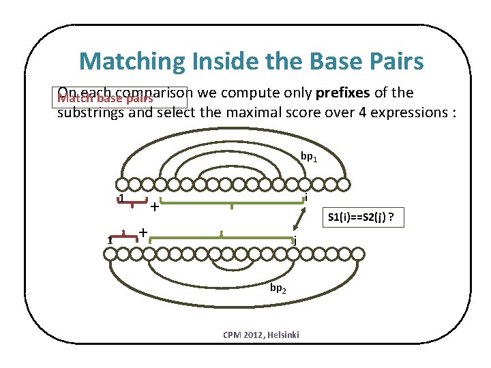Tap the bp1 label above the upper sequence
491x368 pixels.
308,157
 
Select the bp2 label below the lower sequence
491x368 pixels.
278,288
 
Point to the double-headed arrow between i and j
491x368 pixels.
299,219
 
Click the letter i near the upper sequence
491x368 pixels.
308,197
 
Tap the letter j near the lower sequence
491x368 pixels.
295,240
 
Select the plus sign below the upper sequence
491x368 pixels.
155,206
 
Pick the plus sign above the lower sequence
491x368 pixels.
143,232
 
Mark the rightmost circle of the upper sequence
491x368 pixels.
346,183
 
